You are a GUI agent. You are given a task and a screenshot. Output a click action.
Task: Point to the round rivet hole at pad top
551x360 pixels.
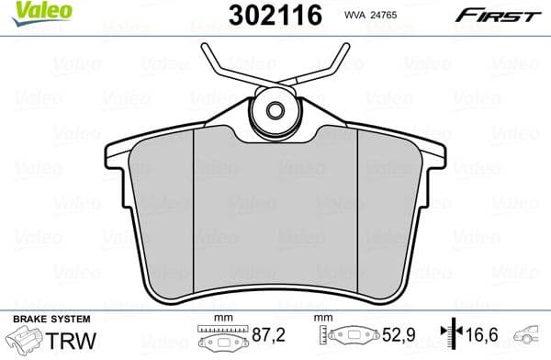point(275,110)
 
